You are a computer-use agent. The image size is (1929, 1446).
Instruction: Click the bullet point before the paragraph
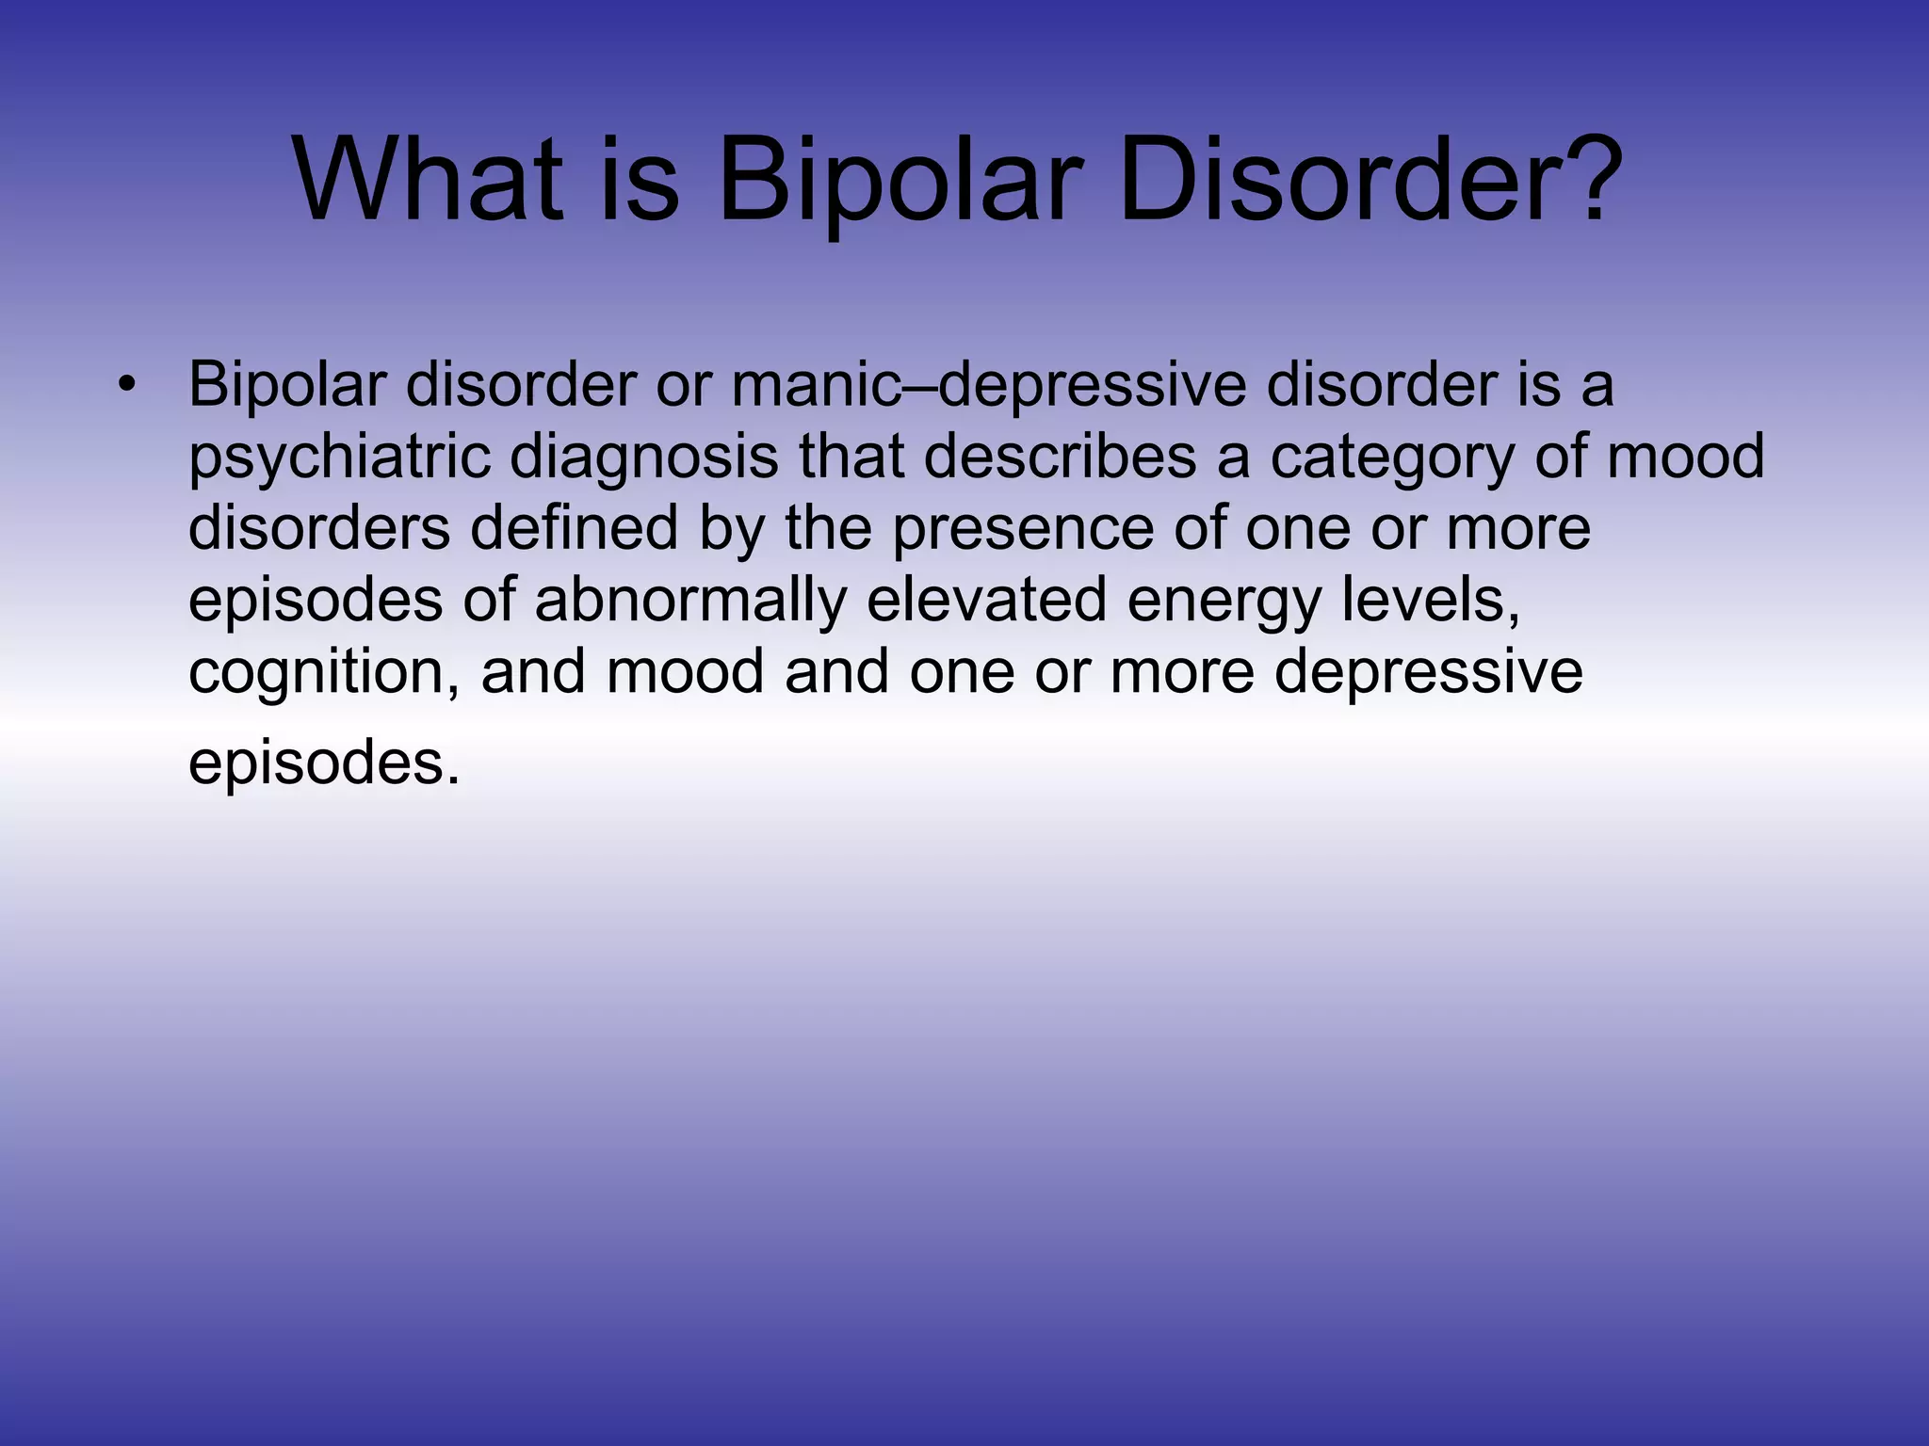click(127, 386)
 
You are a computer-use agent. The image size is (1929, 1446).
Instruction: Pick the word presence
click(1022, 529)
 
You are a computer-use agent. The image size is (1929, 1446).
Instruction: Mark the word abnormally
click(690, 601)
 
